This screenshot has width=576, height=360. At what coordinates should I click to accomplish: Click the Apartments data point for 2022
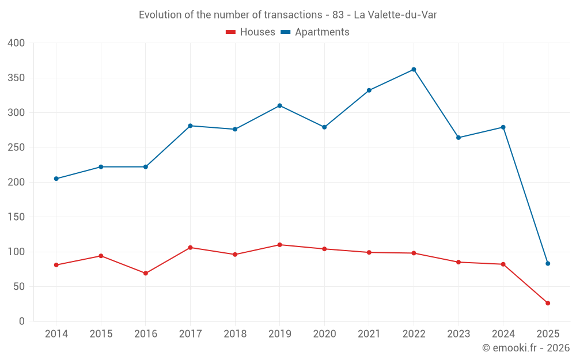pos(414,70)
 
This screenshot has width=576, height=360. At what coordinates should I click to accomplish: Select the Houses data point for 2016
pos(146,273)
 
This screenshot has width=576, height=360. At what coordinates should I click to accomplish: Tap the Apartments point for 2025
pos(548,263)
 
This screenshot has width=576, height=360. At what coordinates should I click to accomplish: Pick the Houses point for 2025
pos(548,303)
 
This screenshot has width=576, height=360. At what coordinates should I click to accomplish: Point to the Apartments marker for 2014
pos(56,179)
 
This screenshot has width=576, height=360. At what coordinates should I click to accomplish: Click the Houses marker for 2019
pos(280,245)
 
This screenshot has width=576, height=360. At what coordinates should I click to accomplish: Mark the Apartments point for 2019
pos(280,105)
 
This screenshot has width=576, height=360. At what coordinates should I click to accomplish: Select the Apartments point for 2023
pos(458,138)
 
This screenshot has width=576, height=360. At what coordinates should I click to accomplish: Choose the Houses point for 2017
pos(190,248)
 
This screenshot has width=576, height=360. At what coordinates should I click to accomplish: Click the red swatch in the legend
pos(230,32)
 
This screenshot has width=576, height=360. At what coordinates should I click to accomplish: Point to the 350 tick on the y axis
pos(16,78)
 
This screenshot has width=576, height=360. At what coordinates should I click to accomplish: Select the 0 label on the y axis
pos(22,321)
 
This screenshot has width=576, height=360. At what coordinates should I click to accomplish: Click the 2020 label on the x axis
pos(324,334)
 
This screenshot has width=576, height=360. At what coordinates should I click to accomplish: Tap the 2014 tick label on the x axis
pos(56,334)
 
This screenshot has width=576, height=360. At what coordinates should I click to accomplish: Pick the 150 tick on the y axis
pos(16,217)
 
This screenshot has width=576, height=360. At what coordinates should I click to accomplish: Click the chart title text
pos(287,15)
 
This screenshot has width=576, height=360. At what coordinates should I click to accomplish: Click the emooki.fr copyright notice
pos(525,348)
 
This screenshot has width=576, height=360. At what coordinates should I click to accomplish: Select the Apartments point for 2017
pos(190,126)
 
